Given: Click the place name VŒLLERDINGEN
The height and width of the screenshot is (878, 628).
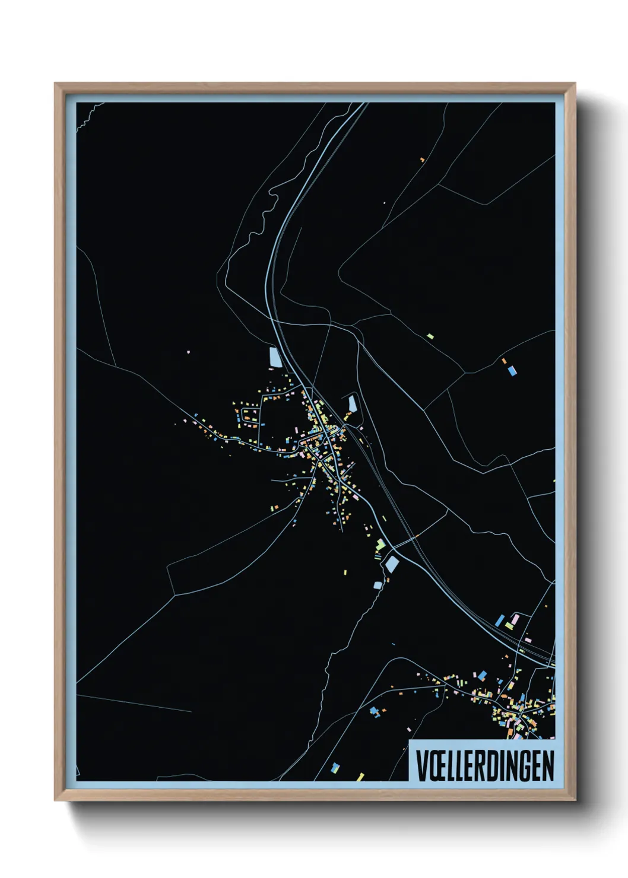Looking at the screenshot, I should click(484, 765).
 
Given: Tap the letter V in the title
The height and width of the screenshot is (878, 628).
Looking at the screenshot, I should click(421, 766).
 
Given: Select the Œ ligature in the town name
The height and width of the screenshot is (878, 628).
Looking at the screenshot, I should click(437, 766).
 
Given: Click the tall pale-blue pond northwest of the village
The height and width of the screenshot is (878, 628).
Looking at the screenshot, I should click(274, 357).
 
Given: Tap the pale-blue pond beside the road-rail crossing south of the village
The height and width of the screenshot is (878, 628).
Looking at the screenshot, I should click(391, 564).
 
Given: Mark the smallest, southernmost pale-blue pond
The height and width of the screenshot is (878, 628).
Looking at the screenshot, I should click(378, 586).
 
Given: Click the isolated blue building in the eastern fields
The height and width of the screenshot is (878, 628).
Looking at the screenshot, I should click(512, 371).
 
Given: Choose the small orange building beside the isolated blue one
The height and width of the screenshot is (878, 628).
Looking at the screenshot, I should click(505, 361).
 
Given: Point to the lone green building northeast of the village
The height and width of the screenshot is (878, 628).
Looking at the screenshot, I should click(430, 336).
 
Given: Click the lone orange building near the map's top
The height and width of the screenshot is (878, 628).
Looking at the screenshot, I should click(422, 160).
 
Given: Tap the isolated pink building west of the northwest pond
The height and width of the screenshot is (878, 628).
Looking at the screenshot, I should click(189, 352).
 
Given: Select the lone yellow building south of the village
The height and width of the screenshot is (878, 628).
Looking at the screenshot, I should click(345, 572).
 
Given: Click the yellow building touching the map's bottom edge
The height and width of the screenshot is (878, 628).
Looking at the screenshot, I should click(360, 777).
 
